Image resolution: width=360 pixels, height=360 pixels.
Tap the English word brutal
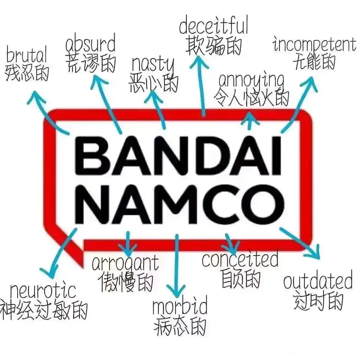(27, 54)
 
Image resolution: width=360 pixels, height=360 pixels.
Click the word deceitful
(213, 25)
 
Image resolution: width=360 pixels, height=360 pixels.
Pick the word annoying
(251, 80)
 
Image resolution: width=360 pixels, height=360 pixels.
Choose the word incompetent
(315, 45)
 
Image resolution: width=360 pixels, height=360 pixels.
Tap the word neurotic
(43, 291)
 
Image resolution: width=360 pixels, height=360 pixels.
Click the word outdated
(318, 280)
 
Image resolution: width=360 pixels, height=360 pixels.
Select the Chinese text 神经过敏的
(43, 310)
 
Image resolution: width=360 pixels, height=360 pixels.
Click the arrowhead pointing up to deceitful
(199, 61)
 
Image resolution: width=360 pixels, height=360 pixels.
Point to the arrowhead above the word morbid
(176, 290)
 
